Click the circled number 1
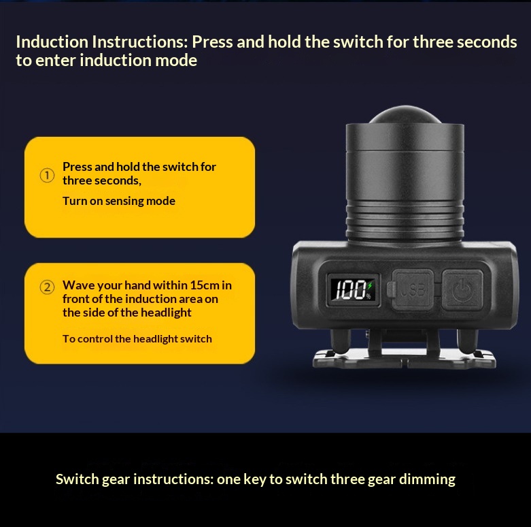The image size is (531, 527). pyautogui.click(x=47, y=176)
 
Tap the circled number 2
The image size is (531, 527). pyautogui.click(x=47, y=287)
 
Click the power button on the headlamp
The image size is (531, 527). pyautogui.click(x=462, y=290)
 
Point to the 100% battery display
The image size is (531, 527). pyautogui.click(x=353, y=290)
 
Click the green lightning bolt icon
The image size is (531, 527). pyautogui.click(x=370, y=285)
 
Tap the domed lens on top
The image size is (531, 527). pyautogui.click(x=405, y=115)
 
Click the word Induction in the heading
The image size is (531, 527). pyautogui.click(x=52, y=42)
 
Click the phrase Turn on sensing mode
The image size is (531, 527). pyautogui.click(x=119, y=201)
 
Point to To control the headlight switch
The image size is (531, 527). pyautogui.click(x=137, y=339)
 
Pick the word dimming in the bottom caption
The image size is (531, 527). pyautogui.click(x=427, y=479)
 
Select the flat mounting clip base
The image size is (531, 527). pyautogui.click(x=405, y=359)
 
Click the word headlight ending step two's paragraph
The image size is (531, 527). pyautogui.click(x=166, y=313)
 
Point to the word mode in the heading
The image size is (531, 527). pyautogui.click(x=176, y=61)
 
